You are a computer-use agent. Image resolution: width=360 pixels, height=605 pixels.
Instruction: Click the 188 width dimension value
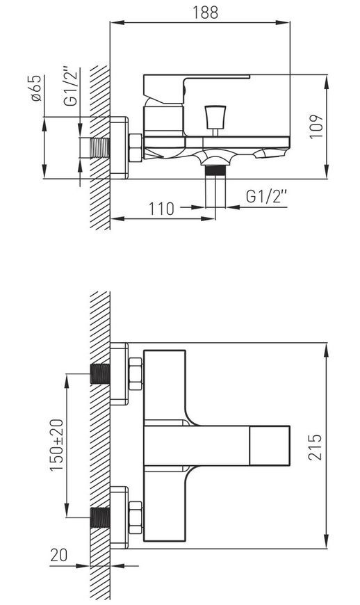click(x=206, y=13)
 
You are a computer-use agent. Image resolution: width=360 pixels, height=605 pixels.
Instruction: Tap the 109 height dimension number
click(x=316, y=127)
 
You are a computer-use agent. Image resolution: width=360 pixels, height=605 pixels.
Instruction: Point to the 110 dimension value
click(x=162, y=209)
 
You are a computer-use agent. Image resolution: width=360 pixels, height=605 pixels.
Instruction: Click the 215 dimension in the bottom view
click(x=316, y=447)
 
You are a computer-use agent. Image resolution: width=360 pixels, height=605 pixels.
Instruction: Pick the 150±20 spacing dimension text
click(x=57, y=444)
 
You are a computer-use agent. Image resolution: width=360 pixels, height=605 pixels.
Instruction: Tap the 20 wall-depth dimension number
click(x=58, y=555)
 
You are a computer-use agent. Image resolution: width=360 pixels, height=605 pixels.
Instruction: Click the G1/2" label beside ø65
click(x=71, y=87)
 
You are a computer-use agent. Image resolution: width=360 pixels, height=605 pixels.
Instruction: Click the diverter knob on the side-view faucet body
click(x=215, y=118)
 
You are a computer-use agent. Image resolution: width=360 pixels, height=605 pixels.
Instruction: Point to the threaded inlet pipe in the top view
click(x=100, y=148)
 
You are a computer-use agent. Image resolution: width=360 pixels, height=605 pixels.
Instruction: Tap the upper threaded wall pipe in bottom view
click(x=100, y=373)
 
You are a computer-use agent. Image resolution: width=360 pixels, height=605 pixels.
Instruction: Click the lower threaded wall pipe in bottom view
click(x=100, y=517)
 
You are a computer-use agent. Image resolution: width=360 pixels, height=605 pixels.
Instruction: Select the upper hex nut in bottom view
click(x=136, y=373)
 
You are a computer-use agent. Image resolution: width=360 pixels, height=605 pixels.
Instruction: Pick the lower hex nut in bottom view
click(x=136, y=517)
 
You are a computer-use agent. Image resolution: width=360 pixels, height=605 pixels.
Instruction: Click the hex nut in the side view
click(x=136, y=148)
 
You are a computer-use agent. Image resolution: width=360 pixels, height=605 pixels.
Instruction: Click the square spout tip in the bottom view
click(x=270, y=446)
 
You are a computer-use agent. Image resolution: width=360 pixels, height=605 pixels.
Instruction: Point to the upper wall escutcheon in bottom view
click(x=119, y=373)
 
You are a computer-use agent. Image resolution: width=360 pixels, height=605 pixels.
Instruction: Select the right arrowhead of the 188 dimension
click(x=284, y=23)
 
